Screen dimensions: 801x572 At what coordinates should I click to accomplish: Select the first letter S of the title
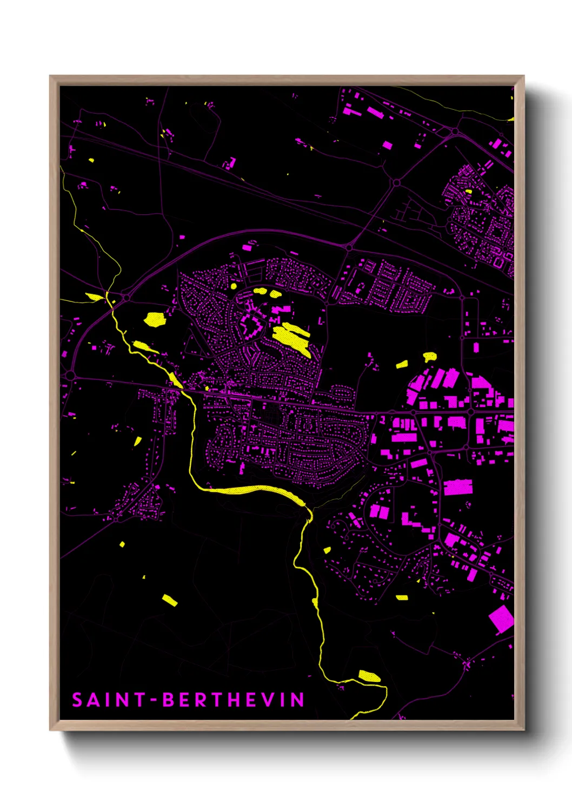click(77, 700)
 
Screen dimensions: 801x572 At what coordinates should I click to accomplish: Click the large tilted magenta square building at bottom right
click(501, 619)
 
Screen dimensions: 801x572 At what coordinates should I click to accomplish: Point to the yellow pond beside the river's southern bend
click(369, 675)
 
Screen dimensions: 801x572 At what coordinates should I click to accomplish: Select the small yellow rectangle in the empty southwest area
click(169, 600)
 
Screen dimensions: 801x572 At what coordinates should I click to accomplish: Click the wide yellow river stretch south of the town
click(254, 490)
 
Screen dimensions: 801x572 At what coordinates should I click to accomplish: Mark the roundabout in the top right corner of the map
click(455, 131)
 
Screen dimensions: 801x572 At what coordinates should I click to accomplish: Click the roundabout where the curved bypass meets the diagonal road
click(349, 248)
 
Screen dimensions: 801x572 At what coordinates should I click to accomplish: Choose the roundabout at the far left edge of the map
click(70, 375)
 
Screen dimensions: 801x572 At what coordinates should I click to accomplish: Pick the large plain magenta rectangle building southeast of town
click(458, 487)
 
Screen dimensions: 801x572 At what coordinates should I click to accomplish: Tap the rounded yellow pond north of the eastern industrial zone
click(430, 356)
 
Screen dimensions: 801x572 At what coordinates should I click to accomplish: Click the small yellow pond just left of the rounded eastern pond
click(402, 364)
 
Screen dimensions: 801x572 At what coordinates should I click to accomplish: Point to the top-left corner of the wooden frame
click(50, 76)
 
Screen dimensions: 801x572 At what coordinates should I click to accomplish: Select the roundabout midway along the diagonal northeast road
click(396, 183)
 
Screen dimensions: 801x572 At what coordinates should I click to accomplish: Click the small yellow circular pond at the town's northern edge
click(234, 286)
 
